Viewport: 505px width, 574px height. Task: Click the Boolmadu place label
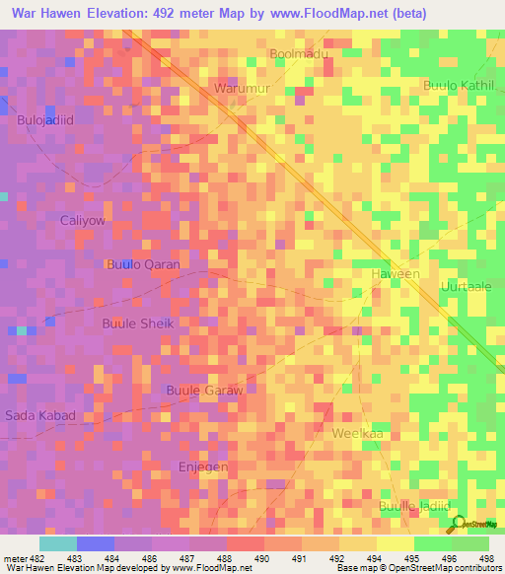[x=299, y=54]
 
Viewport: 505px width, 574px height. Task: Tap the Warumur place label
[x=243, y=88]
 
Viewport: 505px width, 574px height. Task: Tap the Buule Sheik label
[x=138, y=323]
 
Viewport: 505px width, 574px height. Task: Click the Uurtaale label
[x=467, y=285]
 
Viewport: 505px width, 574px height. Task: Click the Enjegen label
[x=203, y=466]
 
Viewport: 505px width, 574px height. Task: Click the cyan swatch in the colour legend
[x=57, y=543]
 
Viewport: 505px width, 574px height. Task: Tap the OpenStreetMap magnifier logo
[x=461, y=524]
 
